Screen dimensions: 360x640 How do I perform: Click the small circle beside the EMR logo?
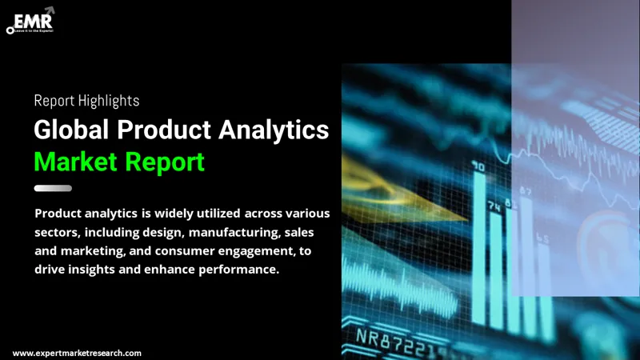click(10, 30)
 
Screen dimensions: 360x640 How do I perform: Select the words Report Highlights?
click(86, 101)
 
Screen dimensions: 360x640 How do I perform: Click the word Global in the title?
click(71, 130)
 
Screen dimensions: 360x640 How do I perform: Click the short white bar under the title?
click(53, 188)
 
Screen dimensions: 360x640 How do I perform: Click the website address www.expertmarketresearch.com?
click(77, 353)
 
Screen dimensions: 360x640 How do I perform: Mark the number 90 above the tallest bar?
click(478, 167)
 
